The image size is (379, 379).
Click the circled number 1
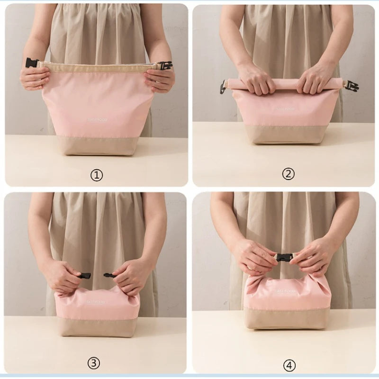(x=96, y=175)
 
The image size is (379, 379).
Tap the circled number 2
(x=288, y=174)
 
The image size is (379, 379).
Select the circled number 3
(x=94, y=363)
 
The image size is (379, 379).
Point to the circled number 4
(x=289, y=365)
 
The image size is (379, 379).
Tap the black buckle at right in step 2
(x=351, y=86)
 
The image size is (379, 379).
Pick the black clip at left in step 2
(x=222, y=87)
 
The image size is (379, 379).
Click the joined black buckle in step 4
(x=284, y=258)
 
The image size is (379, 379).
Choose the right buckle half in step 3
(x=108, y=274)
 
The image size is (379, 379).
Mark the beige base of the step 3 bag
(x=97, y=326)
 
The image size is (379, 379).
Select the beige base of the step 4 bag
(x=287, y=318)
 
